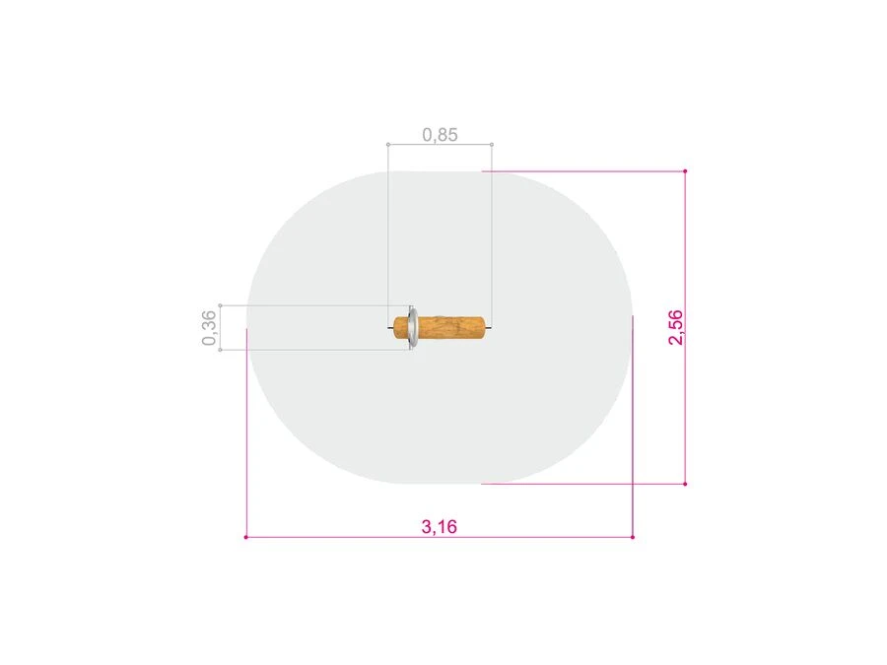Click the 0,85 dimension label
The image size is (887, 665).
coord(440,135)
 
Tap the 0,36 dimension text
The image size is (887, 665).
coord(209,327)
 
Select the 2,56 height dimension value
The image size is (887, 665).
coord(675,327)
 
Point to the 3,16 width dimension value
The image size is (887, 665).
coord(439,526)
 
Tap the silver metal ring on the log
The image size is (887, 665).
coord(413,327)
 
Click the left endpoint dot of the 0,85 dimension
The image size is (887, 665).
coord(388,144)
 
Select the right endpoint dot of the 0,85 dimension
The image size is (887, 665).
coord(492,144)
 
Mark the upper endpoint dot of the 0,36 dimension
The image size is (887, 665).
coord(220,305)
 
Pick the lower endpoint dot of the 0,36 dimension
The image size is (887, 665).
coord(220,350)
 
